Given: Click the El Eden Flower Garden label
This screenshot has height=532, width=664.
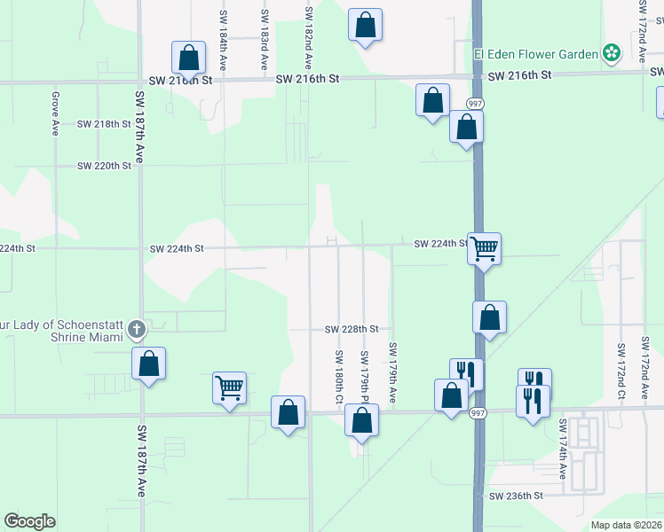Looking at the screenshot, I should click(x=536, y=54).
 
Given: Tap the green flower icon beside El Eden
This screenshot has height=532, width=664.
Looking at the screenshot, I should click(x=612, y=53).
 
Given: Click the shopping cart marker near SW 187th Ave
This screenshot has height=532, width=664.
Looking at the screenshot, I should click(x=229, y=387).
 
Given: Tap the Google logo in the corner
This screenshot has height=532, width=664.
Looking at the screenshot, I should click(x=29, y=521).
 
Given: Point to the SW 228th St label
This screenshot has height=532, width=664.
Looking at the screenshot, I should click(x=352, y=329).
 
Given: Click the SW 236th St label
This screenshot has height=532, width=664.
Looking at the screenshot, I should click(x=515, y=496).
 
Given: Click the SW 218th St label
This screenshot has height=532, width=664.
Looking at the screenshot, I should click(x=104, y=124).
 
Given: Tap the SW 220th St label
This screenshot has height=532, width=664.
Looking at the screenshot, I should click(x=104, y=166).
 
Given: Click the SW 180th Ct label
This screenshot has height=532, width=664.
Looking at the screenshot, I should click(x=338, y=376).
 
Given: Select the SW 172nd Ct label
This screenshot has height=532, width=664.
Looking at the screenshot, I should click(x=621, y=366).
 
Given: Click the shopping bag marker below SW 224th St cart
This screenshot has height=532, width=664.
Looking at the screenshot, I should click(x=489, y=317).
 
